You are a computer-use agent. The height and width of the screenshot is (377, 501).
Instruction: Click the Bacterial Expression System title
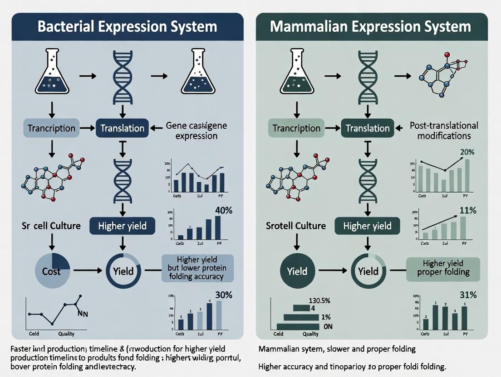127,26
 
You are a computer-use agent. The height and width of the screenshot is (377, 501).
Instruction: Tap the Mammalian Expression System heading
370,26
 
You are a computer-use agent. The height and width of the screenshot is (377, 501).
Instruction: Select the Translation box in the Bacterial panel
122,128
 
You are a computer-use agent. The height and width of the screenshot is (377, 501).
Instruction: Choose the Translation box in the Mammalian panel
368,128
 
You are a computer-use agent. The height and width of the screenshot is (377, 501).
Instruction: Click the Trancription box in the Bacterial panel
51,128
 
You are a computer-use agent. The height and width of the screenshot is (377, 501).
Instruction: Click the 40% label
223,210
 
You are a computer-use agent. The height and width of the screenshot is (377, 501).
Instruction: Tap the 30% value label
223,295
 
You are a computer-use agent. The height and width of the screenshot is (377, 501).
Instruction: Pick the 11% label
467,210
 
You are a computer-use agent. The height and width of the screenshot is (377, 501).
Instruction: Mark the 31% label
467,295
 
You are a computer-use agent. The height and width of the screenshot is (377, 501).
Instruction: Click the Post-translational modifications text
443,130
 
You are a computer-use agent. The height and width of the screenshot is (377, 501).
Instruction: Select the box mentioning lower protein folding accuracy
197,268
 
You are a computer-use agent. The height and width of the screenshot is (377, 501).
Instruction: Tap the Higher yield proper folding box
442,268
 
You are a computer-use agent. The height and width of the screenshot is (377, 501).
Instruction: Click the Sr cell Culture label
52,225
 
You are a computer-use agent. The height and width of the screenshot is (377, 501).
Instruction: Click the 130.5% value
310,300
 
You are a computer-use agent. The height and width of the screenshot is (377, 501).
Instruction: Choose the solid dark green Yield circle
297,271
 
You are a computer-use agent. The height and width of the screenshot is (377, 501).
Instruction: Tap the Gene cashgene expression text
196,130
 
